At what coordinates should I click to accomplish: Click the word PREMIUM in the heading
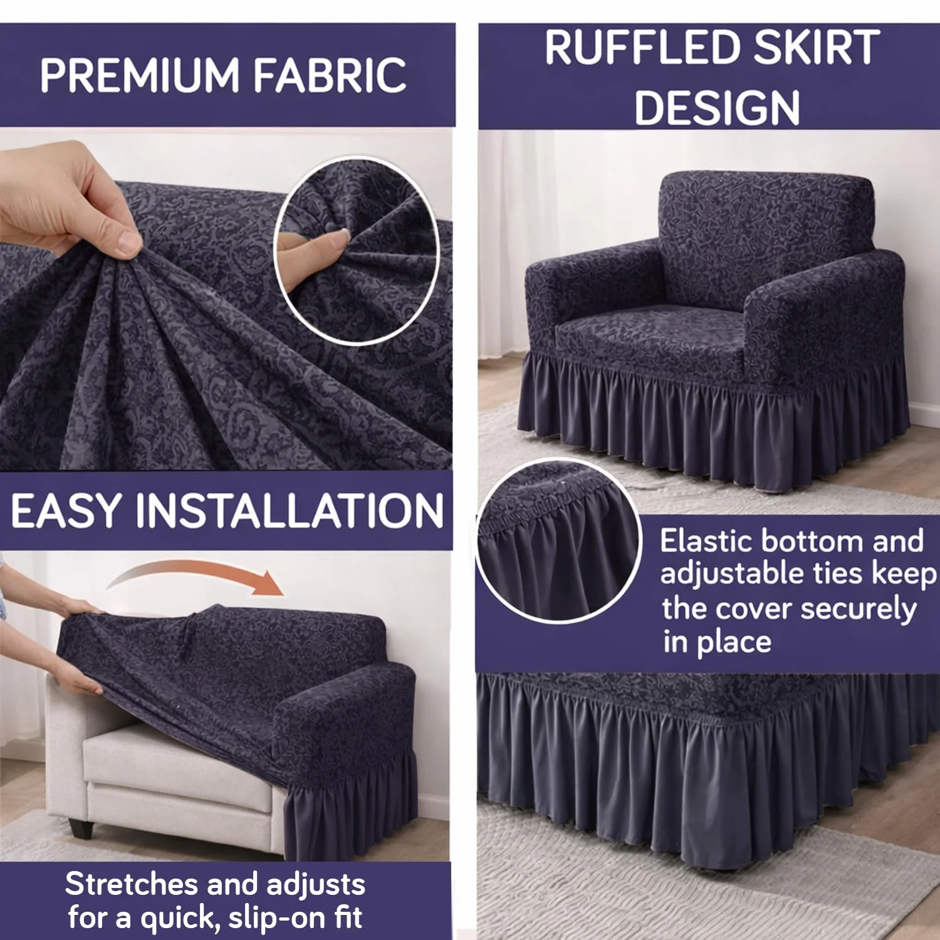coord(139,76)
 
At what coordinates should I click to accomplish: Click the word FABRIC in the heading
coord(330,76)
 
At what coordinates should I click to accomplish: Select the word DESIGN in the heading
coord(717,108)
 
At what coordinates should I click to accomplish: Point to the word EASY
coord(66,511)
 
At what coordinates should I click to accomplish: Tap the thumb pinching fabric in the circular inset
coord(313,248)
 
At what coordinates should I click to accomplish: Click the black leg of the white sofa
coord(81,828)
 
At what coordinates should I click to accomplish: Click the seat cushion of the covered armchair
coord(652,335)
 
